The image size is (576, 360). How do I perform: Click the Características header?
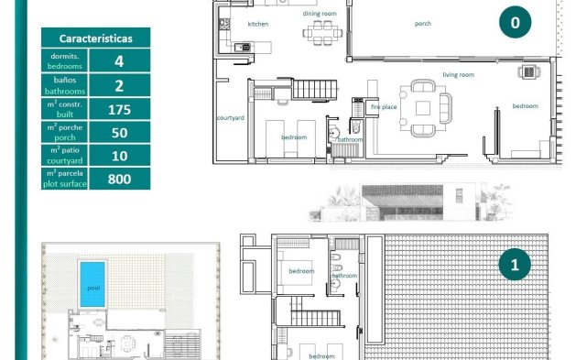(95, 38)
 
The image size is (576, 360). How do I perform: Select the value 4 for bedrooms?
(119, 62)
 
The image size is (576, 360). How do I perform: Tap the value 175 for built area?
(119, 109)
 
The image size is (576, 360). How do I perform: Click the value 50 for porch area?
(119, 132)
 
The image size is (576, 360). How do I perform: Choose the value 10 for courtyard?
(119, 155)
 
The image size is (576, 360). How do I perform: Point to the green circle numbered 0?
(515, 24)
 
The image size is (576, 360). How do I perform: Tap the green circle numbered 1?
(515, 266)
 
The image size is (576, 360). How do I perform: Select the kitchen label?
(258, 24)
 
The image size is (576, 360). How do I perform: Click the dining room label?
(320, 14)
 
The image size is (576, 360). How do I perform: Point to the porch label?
(422, 24)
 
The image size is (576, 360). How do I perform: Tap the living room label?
(458, 74)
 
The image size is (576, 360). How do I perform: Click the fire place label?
(384, 107)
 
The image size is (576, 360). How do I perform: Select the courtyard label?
(229, 117)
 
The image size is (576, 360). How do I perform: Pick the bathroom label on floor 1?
(344, 275)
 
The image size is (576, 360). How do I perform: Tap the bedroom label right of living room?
(525, 106)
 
